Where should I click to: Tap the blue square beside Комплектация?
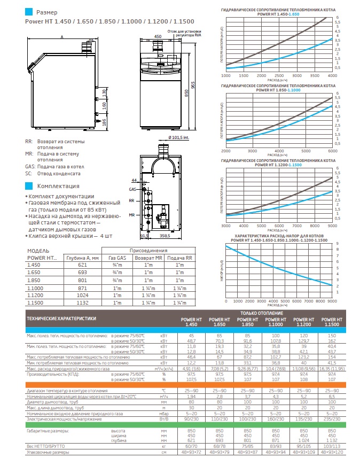click(x=29, y=186)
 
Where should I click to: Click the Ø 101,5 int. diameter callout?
click(x=166, y=137)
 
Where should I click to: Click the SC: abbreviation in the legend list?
click(x=29, y=173)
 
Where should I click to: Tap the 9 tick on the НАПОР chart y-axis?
click(x=338, y=244)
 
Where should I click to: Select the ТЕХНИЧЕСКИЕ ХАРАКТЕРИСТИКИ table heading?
click(x=62, y=317)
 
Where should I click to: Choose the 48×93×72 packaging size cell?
click(x=193, y=452)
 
